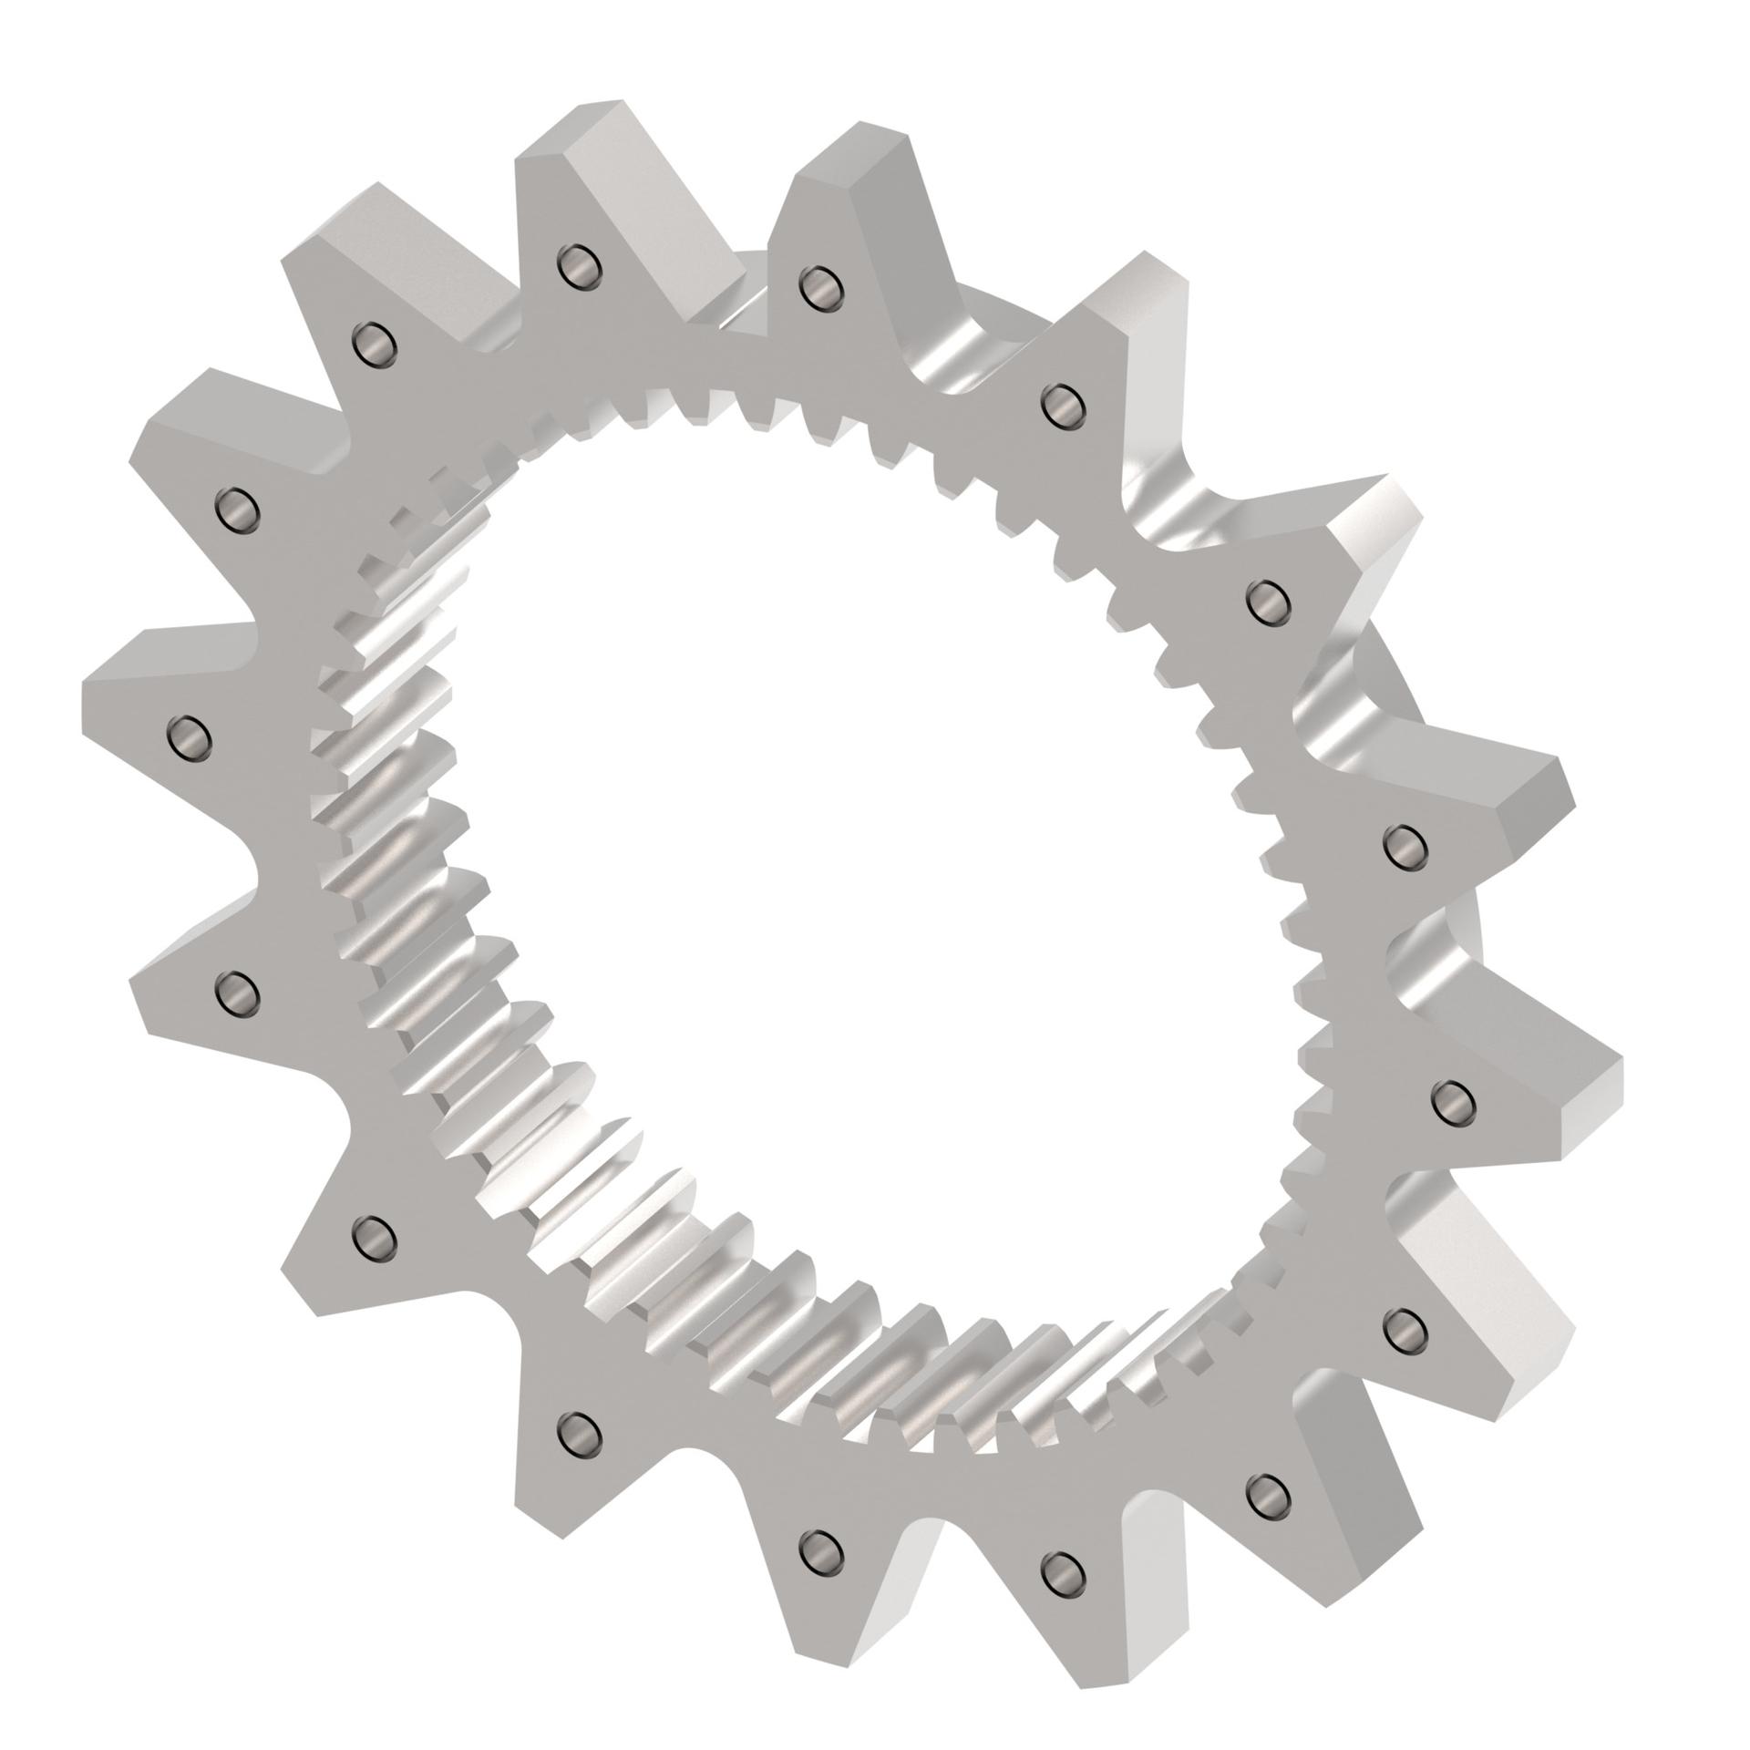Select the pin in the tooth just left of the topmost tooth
click(x=374, y=345)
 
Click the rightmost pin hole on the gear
click(x=1453, y=1101)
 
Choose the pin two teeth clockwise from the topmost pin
click(x=1060, y=405)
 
